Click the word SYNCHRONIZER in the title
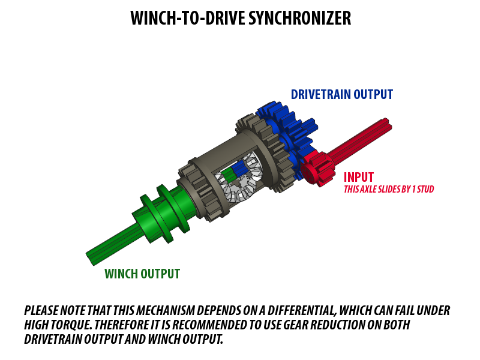(299, 18)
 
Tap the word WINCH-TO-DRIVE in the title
(188, 18)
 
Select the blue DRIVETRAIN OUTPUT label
(341, 95)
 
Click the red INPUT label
(358, 177)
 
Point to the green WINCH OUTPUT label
(142, 274)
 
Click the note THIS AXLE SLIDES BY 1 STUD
(389, 189)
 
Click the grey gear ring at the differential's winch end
(199, 190)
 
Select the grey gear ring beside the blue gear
(263, 153)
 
